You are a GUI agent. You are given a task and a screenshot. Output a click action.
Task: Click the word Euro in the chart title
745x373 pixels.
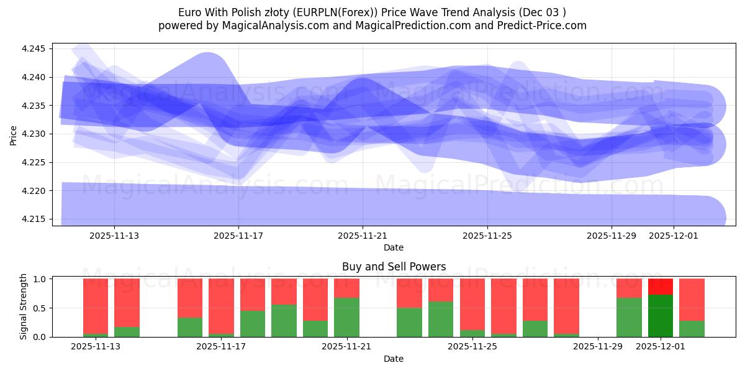pos(190,12)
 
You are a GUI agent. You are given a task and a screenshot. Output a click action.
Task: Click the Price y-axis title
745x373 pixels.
pos(13,134)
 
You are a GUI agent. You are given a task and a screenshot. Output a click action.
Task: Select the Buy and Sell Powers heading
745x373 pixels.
pos(394,267)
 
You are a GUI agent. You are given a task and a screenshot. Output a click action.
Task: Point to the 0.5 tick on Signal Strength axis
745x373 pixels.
pos(40,308)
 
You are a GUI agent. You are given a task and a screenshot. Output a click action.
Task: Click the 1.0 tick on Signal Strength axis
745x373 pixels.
pos(40,279)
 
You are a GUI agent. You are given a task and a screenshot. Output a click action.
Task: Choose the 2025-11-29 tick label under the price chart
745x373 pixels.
pos(612,236)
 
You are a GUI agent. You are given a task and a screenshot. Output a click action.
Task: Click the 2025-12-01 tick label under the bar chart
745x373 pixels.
pos(661,347)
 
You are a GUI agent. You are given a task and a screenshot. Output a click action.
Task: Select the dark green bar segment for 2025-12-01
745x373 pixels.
pos(661,316)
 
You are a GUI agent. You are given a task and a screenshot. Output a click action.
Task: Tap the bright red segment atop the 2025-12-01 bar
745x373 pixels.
pos(661,287)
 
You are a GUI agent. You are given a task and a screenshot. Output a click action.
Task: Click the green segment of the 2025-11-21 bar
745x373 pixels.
pos(346,317)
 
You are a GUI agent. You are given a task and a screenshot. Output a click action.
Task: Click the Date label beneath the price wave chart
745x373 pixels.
pos(394,247)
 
